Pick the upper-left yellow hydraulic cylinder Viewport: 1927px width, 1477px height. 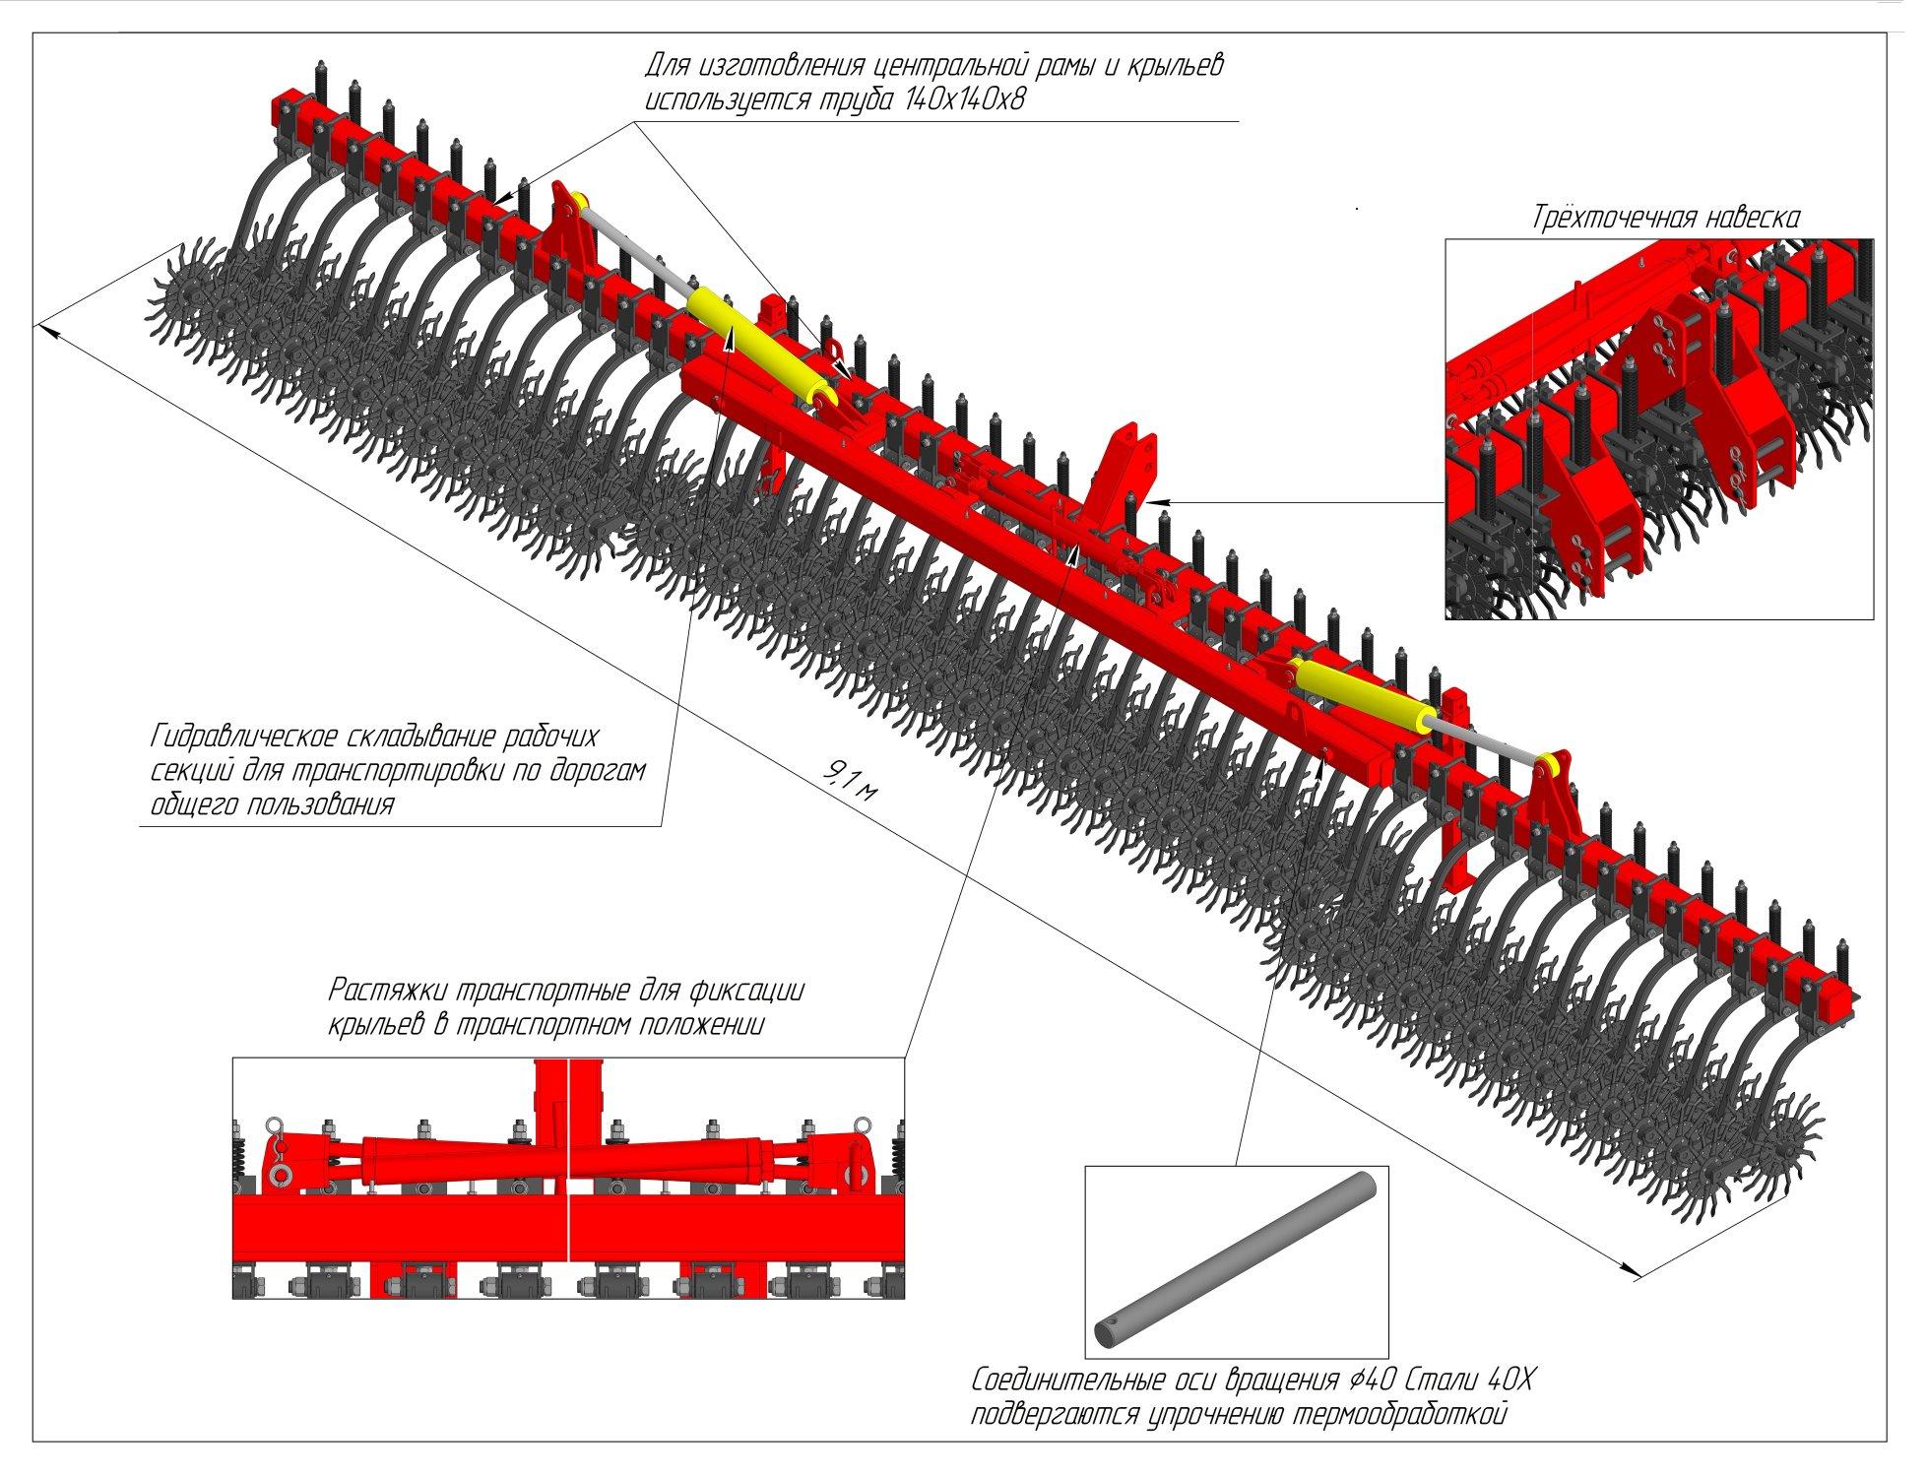pyautogui.click(x=759, y=346)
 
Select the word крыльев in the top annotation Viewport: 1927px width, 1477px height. pyautogui.click(x=1168, y=67)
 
